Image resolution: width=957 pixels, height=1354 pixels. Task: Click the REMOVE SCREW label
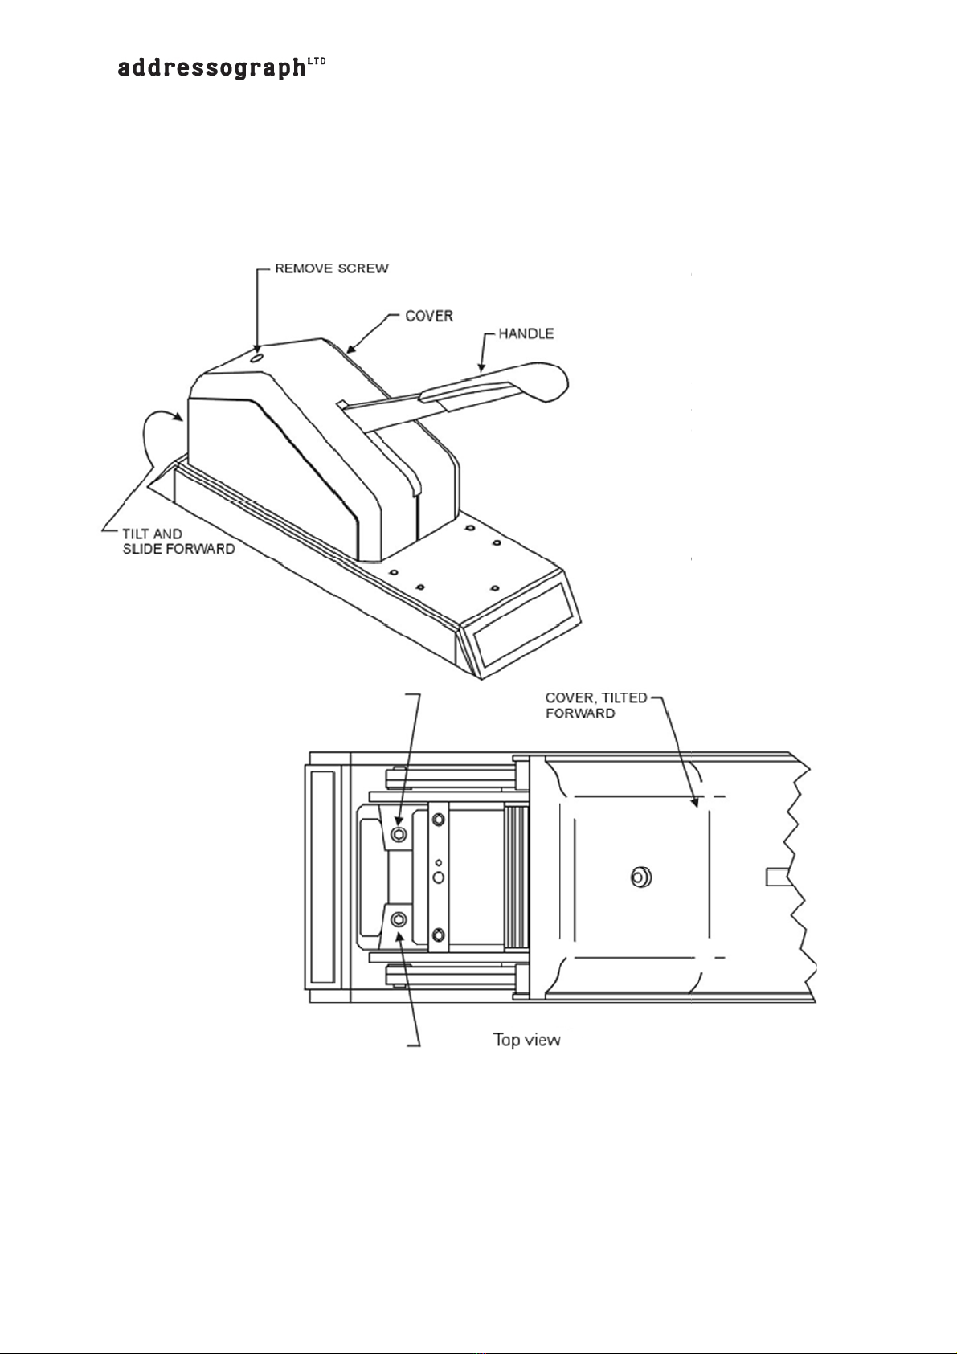click(x=331, y=268)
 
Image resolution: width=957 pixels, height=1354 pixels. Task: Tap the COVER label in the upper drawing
click(x=429, y=316)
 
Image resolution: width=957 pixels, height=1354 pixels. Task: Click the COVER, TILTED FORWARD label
click(x=595, y=706)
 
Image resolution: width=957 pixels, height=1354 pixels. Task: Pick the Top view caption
click(x=526, y=1040)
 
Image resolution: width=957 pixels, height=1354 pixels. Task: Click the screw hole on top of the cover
click(x=256, y=358)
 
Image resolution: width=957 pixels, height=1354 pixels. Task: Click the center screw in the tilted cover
click(x=640, y=877)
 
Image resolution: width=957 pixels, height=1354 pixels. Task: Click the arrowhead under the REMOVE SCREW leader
click(x=256, y=346)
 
